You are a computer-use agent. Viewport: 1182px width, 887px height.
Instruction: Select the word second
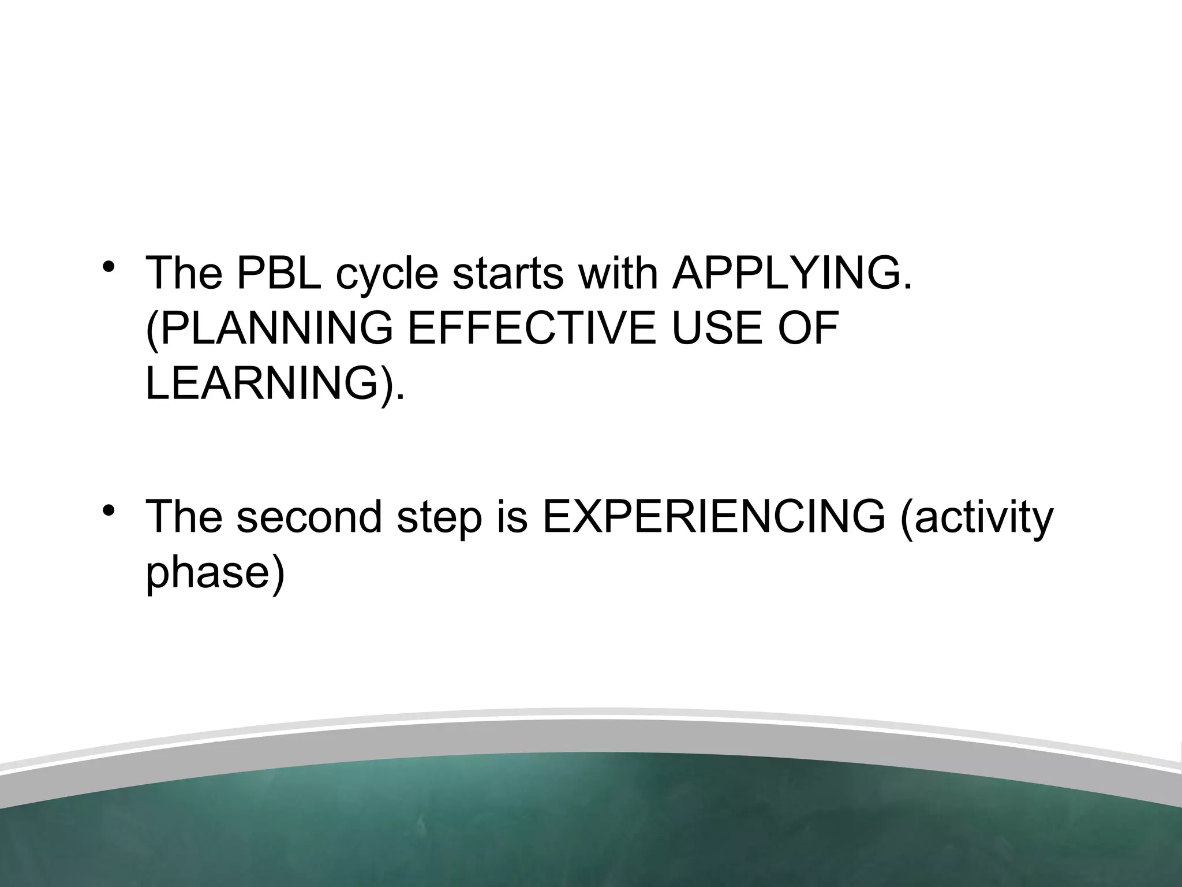[x=309, y=517]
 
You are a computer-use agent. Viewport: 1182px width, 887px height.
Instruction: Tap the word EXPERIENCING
[x=713, y=517]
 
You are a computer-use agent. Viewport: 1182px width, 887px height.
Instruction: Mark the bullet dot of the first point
[x=108, y=267]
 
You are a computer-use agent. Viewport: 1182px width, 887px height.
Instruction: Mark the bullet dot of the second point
[x=108, y=510]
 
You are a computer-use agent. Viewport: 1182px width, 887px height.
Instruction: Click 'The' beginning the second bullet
[x=184, y=517]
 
